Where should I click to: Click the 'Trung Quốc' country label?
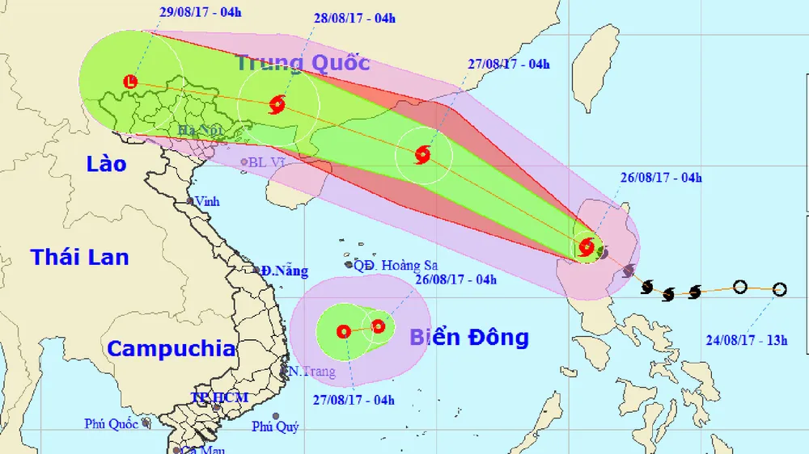click(303, 62)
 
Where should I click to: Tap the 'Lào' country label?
click(107, 164)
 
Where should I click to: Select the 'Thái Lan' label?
click(79, 258)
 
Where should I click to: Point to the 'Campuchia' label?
click(171, 349)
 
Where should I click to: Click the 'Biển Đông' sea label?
click(468, 337)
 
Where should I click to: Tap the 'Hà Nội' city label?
click(200, 130)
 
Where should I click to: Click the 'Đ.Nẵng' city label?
click(283, 271)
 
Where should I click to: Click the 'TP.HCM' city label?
click(219, 397)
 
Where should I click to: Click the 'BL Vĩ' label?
click(269, 162)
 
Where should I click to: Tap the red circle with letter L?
click(131, 81)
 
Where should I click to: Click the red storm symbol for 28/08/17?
click(277, 103)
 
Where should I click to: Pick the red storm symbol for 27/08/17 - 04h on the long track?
click(422, 154)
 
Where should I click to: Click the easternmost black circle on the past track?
click(780, 289)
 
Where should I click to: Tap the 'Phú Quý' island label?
click(274, 427)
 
